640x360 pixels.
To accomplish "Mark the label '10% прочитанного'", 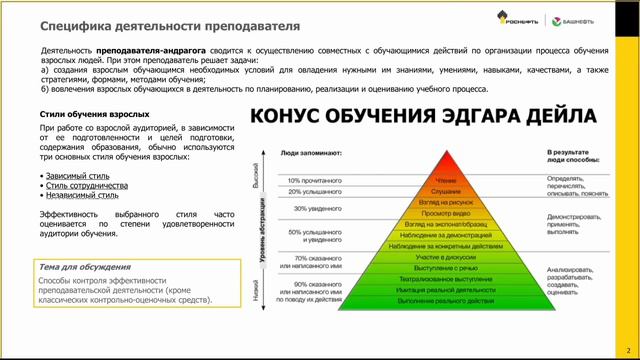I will pos(309,181).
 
